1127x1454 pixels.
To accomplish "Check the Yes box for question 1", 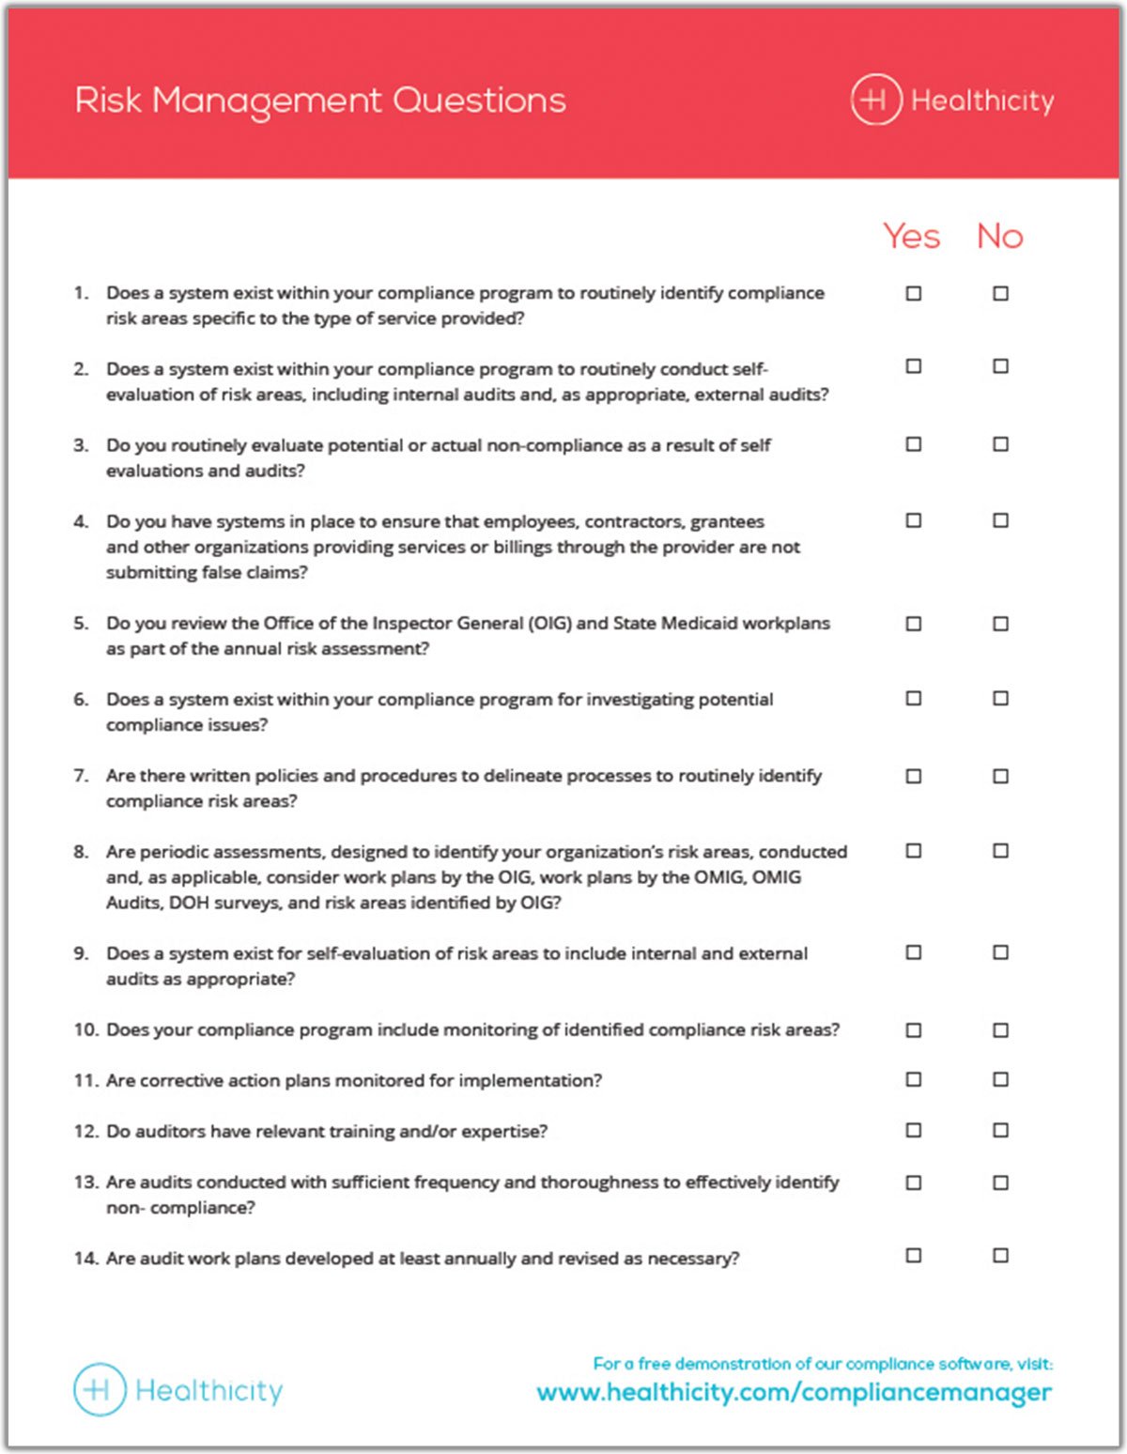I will tap(913, 293).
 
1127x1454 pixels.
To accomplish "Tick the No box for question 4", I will tap(1000, 520).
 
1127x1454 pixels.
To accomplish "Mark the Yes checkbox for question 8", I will tap(913, 851).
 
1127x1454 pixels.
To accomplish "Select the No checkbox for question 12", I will tap(1000, 1130).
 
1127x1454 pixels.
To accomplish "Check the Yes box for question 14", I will tap(913, 1256).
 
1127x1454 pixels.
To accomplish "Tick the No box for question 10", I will tap(1000, 1030).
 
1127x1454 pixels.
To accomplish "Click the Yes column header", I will tap(911, 236).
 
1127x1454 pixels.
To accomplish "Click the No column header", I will tap(999, 236).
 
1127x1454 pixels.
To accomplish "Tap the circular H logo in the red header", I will tap(875, 100).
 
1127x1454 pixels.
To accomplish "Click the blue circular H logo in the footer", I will tap(100, 1390).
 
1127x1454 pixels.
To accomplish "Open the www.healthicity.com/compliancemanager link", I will tap(794, 1392).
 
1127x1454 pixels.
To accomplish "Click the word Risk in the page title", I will tap(108, 100).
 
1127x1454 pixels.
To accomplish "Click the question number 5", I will tap(81, 623).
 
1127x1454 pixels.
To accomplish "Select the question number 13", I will tap(85, 1182).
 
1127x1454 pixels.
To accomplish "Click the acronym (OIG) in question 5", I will tap(549, 623).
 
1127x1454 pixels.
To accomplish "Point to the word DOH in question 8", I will tap(189, 903).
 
